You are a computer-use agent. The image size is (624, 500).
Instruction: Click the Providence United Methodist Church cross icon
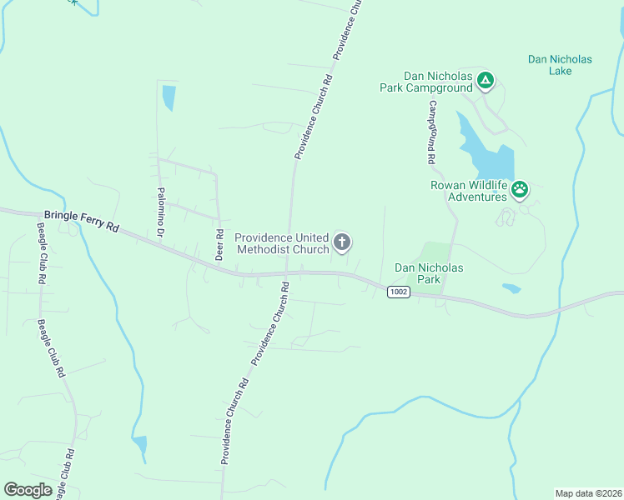tap(341, 242)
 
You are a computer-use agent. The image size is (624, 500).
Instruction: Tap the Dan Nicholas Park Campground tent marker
tap(486, 81)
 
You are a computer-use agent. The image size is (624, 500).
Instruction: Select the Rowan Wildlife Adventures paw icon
tap(520, 190)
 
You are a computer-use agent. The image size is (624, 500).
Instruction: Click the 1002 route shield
tap(398, 291)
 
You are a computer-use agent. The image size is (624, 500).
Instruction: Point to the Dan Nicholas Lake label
tap(560, 65)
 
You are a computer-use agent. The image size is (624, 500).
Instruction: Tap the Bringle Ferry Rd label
tap(82, 221)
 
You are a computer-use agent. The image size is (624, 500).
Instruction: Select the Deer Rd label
tap(219, 244)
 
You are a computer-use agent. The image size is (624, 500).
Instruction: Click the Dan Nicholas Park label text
tap(428, 273)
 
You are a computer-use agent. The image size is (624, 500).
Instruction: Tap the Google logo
tap(28, 490)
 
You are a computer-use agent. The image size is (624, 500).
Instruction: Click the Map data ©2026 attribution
tap(588, 493)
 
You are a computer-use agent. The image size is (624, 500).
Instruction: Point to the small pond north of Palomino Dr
tap(169, 97)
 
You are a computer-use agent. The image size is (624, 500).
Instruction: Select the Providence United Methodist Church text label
tap(282, 243)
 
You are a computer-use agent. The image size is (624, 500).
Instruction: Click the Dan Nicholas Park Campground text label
tap(438, 82)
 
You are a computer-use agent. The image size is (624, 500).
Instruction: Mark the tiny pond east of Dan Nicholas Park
tap(511, 288)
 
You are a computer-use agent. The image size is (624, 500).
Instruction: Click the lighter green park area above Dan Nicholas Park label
tap(435, 252)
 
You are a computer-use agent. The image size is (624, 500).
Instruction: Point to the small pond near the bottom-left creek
tap(139, 446)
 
